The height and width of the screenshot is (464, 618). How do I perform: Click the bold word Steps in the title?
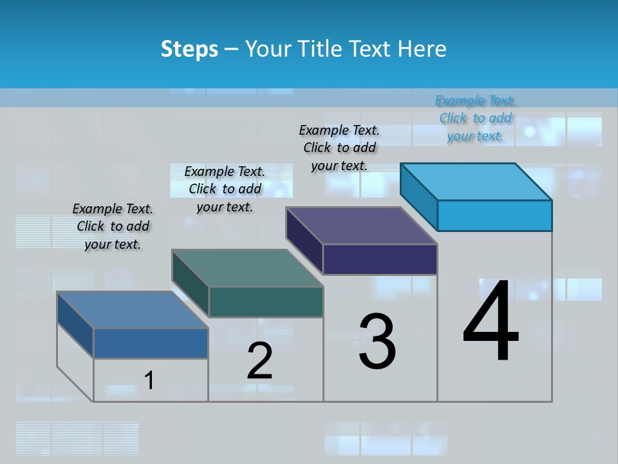(x=189, y=50)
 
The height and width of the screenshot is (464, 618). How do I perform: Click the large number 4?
(x=491, y=322)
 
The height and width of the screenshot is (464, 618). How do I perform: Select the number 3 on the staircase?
(x=377, y=342)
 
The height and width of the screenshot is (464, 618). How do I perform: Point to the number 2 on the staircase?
(x=259, y=361)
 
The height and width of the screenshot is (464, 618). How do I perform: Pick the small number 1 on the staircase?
(x=149, y=381)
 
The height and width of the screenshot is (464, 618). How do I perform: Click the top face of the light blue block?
(x=476, y=181)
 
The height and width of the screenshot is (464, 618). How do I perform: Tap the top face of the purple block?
(x=362, y=226)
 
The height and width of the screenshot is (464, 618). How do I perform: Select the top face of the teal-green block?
(x=247, y=268)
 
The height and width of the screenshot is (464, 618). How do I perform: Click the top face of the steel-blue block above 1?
(x=133, y=310)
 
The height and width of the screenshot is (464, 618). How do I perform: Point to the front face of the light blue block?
(x=494, y=215)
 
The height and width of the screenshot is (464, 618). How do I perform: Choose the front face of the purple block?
(x=380, y=260)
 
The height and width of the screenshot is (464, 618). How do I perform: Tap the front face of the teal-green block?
(x=266, y=302)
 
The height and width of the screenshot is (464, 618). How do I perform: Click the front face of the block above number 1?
(x=151, y=343)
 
